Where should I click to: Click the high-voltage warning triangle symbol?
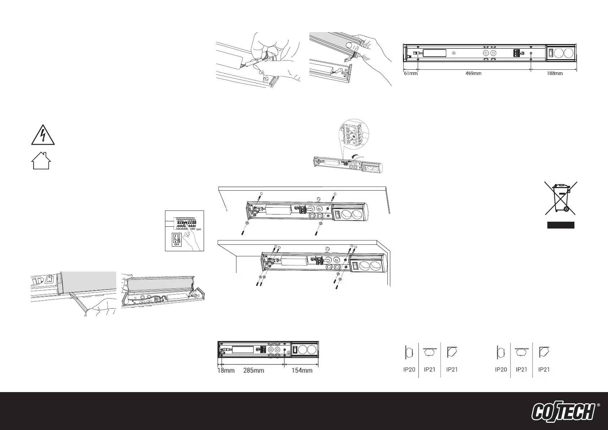(x=43, y=136)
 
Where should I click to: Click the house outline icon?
(x=41, y=161)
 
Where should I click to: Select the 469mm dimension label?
(x=473, y=73)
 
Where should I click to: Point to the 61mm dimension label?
(x=411, y=73)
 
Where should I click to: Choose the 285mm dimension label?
(x=253, y=370)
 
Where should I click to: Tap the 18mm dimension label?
(x=226, y=370)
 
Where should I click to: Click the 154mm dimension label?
(x=302, y=370)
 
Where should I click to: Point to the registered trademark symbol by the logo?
(x=598, y=405)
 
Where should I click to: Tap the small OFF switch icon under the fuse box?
(x=177, y=239)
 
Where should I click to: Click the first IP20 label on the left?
(x=409, y=369)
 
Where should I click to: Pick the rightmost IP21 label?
(x=544, y=369)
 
